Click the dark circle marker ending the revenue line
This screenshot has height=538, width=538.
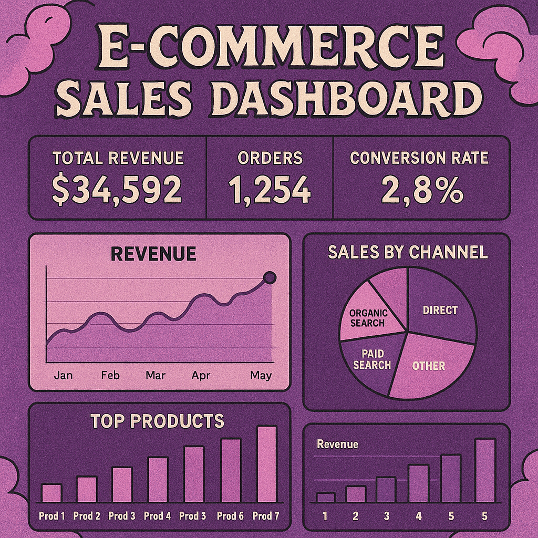click(270, 278)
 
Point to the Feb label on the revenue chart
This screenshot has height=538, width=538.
click(110, 376)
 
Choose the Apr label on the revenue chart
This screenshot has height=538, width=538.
click(201, 376)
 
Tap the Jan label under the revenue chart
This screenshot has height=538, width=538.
click(63, 376)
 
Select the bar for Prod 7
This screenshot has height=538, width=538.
click(266, 464)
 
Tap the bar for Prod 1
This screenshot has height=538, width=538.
click(51, 493)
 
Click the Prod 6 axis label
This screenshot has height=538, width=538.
click(230, 516)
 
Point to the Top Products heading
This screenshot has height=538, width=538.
click(157, 421)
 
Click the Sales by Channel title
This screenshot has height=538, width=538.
click(408, 252)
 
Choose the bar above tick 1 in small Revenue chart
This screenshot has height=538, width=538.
click(325, 498)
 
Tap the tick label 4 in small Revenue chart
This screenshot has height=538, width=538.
click(418, 516)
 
